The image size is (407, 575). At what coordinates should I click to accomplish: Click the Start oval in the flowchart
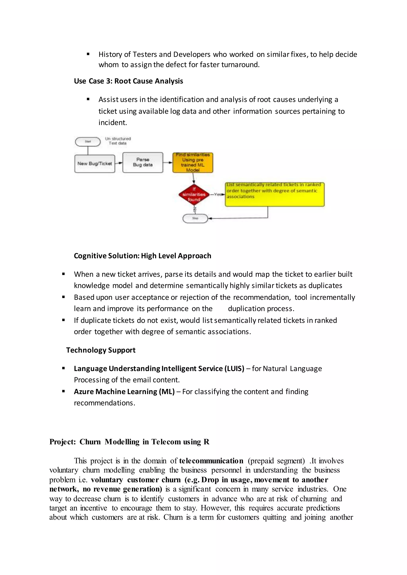pos(88,142)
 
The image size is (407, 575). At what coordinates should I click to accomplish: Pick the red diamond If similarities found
pos(194,194)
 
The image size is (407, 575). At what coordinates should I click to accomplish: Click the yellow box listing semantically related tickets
pos(274,194)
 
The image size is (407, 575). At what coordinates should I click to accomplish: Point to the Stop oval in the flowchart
pos(195,218)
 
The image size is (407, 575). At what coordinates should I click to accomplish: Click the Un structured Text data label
pos(118,141)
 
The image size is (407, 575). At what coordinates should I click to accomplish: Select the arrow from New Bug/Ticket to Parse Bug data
pos(119,163)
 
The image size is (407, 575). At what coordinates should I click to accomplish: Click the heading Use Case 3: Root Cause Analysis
pos(128,81)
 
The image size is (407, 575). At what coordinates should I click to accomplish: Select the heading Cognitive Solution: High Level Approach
pos(142,256)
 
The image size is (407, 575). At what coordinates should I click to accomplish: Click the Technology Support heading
pos(101,350)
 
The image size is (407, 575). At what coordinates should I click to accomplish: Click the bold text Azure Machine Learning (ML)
pos(124,392)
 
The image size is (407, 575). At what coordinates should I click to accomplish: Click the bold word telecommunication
pos(211,461)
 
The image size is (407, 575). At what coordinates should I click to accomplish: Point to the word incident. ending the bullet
pos(112,123)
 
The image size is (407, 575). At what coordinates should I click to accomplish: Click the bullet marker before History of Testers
pos(88,54)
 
